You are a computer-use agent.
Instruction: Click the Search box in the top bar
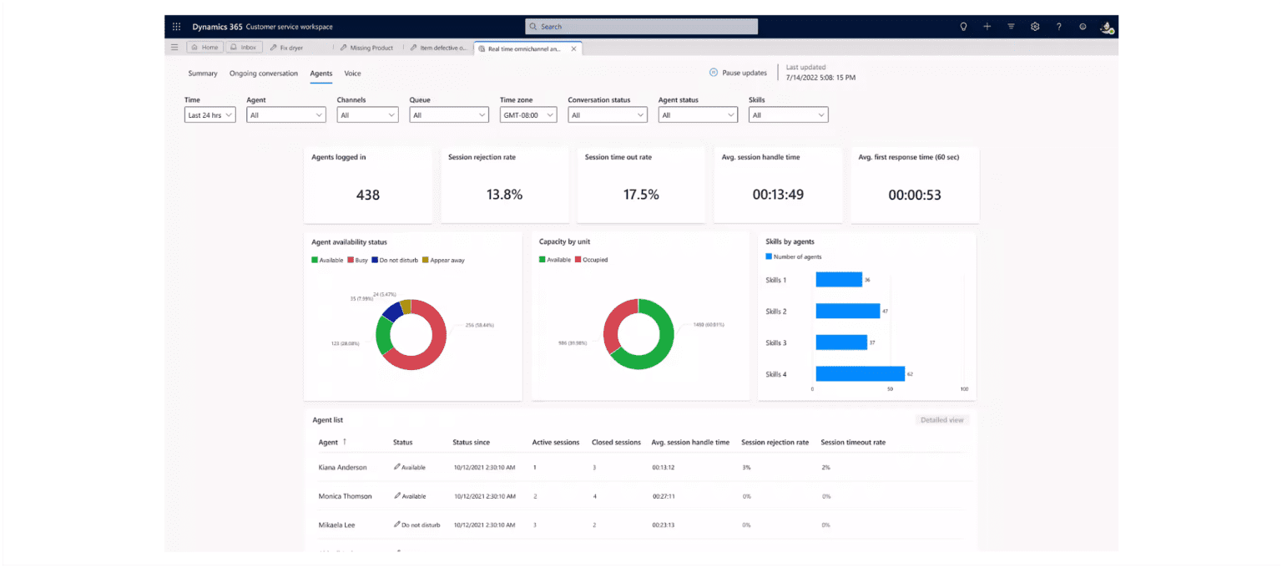[x=641, y=27]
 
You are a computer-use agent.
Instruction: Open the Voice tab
[x=352, y=74]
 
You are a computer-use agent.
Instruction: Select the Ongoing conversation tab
[x=263, y=74]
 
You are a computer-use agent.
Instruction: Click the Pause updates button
[x=738, y=73]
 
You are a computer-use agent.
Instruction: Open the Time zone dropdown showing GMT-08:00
[x=527, y=115]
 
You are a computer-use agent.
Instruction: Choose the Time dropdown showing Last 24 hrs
[x=209, y=115]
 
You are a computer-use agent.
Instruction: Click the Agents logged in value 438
[x=367, y=195]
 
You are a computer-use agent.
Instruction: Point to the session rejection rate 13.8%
[x=504, y=195]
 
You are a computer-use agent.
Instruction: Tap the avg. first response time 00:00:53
[x=914, y=195]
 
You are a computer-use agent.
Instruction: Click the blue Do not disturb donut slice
[x=391, y=312]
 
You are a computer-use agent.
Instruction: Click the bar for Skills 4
[x=860, y=373]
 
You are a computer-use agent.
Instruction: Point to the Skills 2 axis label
[x=776, y=312]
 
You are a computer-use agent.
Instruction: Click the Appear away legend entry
[x=443, y=261]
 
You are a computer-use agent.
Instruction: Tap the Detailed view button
[x=941, y=420]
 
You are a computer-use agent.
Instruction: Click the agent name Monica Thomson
[x=345, y=496]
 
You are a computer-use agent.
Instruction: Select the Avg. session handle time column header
[x=689, y=442]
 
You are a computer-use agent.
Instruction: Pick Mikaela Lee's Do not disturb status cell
[x=416, y=525]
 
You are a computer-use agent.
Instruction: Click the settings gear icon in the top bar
[x=1034, y=27]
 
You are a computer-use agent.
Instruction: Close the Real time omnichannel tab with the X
[x=573, y=48]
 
